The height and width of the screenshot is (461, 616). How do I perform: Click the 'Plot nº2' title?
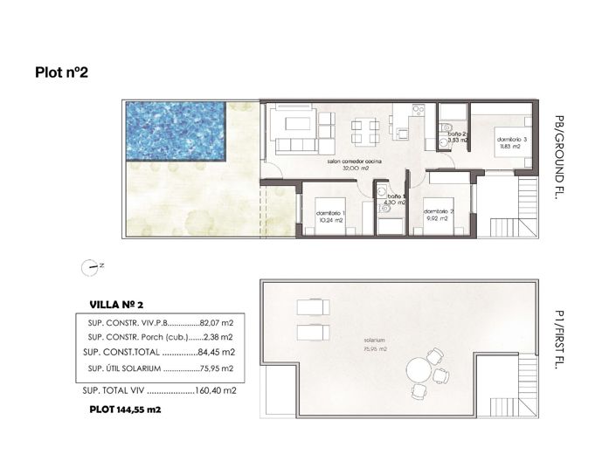61,72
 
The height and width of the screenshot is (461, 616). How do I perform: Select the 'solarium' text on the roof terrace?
377,339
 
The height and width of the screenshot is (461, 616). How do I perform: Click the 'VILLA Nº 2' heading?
122,305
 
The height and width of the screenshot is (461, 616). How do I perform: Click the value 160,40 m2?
217,391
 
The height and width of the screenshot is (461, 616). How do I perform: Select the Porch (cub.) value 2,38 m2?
218,336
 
